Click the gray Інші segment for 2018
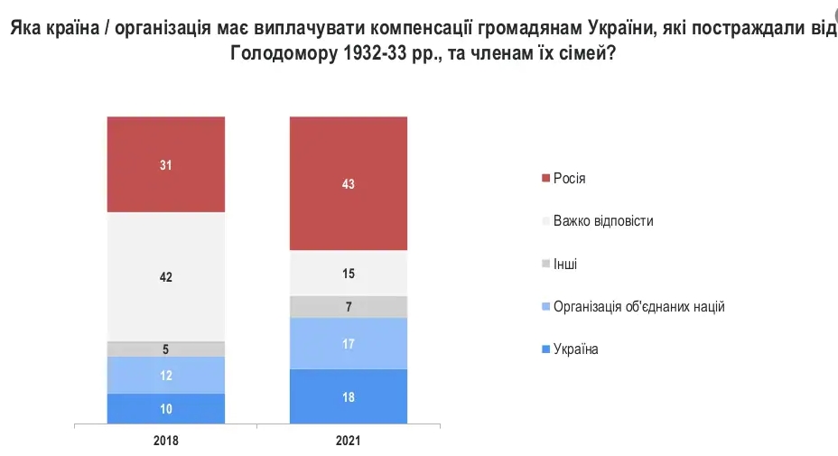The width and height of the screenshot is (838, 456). tap(165, 349)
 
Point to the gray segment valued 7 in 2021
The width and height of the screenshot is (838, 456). tap(348, 307)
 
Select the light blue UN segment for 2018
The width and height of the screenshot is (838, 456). tap(165, 375)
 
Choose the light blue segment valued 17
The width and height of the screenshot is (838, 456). tap(348, 343)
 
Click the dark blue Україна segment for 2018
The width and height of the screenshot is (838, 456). tap(165, 408)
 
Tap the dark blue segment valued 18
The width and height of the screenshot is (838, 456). tap(348, 396)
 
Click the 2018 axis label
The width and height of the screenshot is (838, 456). tap(165, 442)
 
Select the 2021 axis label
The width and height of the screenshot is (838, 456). tap(348, 442)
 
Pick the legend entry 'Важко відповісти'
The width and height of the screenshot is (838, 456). tap(602, 221)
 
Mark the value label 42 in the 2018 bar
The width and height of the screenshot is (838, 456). tap(165, 277)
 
